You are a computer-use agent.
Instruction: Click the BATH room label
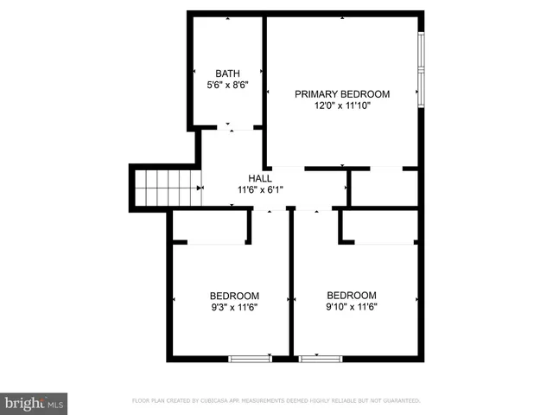tap(227, 73)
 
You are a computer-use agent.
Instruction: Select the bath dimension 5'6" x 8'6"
tap(227, 86)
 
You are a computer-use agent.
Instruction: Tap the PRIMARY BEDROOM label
tap(342, 94)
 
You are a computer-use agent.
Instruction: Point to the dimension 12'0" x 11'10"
tap(342, 107)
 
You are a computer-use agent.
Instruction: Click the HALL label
tap(260, 178)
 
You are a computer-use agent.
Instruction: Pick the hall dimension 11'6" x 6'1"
tap(260, 190)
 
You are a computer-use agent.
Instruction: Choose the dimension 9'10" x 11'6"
tap(352, 307)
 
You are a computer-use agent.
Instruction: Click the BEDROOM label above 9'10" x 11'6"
tap(352, 295)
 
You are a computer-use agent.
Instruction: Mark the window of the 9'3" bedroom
tap(250, 358)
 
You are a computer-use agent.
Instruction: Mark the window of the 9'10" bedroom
tap(320, 358)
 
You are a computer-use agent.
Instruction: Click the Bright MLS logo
tap(35, 404)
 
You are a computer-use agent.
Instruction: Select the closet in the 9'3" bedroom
tap(211, 227)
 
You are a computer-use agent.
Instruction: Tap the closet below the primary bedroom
tap(385, 187)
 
